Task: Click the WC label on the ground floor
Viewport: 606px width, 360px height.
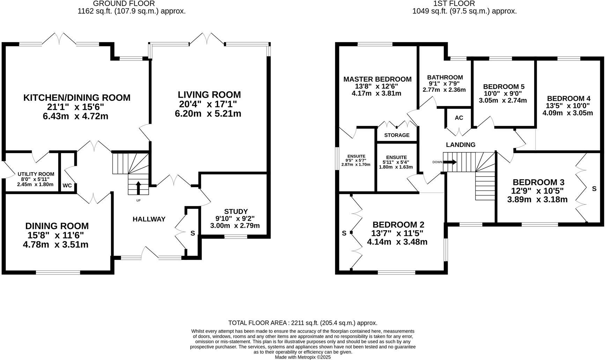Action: pos(67,186)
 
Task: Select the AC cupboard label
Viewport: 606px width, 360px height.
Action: pos(459,118)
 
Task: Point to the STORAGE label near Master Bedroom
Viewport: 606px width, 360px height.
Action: pos(397,135)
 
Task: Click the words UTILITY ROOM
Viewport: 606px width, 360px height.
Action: pos(36,174)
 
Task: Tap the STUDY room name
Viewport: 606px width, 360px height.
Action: pos(236,211)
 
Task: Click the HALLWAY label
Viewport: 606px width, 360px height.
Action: pos(149,219)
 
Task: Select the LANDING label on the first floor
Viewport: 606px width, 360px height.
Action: pos(460,145)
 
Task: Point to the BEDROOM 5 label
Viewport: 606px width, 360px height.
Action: pos(503,87)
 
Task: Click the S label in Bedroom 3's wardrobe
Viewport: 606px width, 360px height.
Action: pos(594,189)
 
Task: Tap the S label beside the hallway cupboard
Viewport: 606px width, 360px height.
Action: pos(192,233)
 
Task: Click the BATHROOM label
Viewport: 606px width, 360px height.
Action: pos(445,77)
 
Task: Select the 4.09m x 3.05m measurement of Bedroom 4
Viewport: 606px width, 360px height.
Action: pos(567,113)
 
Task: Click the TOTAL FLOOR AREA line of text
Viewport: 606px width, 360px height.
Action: pos(302,323)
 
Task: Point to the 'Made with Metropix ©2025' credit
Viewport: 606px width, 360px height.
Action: pos(303,357)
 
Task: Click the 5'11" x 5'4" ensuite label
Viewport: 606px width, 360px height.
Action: pos(396,162)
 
